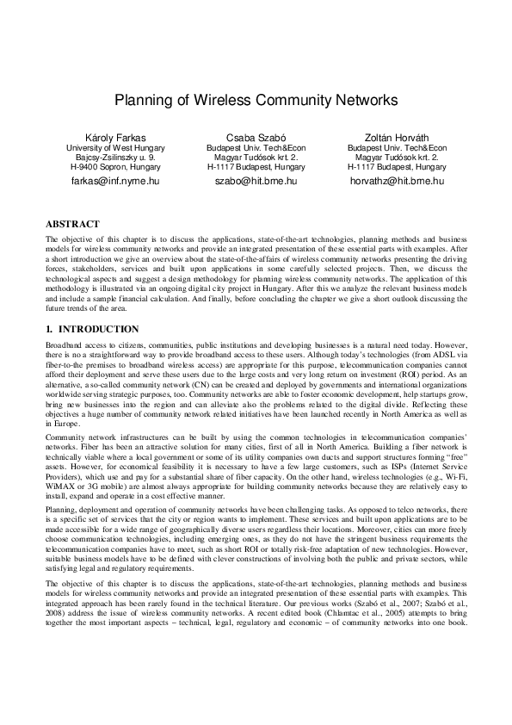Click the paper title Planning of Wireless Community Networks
(256, 100)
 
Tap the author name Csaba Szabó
(256, 137)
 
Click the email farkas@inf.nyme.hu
(115, 182)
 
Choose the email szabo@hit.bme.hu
(256, 182)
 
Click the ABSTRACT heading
(72, 224)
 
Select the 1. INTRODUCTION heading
(92, 329)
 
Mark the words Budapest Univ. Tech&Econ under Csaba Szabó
(256, 148)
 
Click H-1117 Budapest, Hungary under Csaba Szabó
(256, 167)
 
